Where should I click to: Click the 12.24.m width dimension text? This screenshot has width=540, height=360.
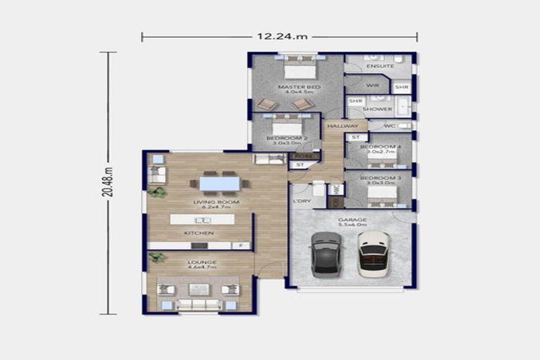(x=279, y=37)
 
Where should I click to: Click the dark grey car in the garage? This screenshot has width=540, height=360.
(x=326, y=254)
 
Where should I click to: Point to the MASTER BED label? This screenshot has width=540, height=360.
(x=299, y=87)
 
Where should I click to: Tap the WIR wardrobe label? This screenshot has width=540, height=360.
(x=373, y=85)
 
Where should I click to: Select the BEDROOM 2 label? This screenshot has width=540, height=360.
(x=286, y=139)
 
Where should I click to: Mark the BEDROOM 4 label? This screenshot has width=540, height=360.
(x=380, y=147)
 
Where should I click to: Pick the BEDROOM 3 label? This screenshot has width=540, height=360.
(x=380, y=179)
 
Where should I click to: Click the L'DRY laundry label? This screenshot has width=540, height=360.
(x=302, y=201)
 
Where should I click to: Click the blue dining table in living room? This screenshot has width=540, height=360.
(x=219, y=184)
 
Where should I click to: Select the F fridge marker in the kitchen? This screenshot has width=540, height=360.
(x=241, y=245)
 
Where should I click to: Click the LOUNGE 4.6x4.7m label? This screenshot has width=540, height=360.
(x=202, y=264)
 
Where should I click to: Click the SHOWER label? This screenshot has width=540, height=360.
(x=377, y=109)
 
